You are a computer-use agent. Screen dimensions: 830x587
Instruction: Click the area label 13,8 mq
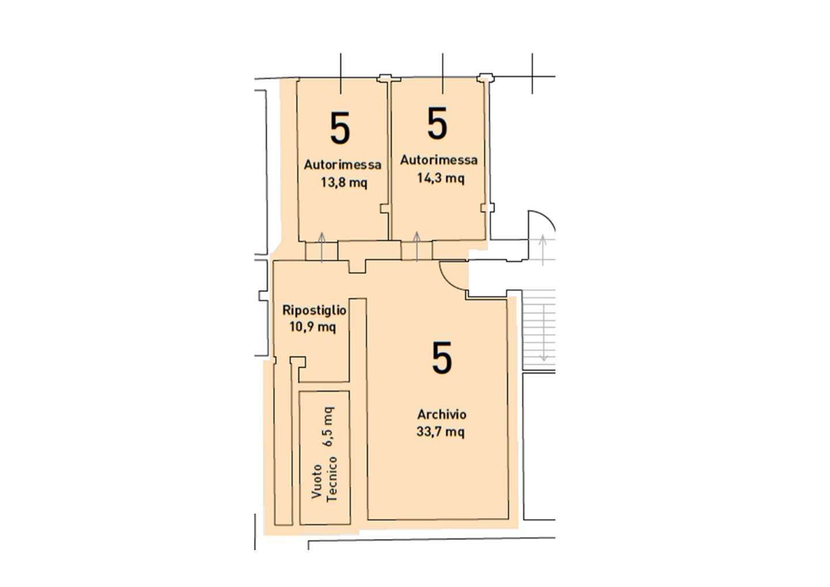(344, 183)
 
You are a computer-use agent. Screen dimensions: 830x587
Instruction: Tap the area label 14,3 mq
(441, 178)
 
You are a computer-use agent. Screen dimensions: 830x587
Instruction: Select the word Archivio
(442, 415)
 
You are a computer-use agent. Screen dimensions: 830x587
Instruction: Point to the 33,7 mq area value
(440, 431)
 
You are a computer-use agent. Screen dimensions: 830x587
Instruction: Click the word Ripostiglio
(314, 310)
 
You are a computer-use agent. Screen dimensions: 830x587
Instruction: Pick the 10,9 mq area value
(313, 327)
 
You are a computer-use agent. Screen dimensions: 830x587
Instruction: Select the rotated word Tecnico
(332, 479)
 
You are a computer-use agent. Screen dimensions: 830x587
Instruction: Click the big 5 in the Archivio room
(442, 358)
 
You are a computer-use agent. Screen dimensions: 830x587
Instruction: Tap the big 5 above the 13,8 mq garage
(340, 128)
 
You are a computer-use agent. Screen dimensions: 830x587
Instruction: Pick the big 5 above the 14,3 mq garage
(437, 123)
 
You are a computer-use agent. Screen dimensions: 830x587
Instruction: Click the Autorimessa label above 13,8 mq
(342, 164)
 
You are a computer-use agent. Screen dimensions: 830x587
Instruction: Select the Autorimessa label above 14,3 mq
(439, 160)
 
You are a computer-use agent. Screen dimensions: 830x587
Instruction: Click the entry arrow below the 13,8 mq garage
(322, 247)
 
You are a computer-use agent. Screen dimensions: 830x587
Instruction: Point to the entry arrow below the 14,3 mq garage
(417, 247)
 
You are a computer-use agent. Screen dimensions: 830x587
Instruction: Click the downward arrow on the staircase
(544, 332)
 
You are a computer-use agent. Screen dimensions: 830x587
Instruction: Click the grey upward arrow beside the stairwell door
(543, 250)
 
